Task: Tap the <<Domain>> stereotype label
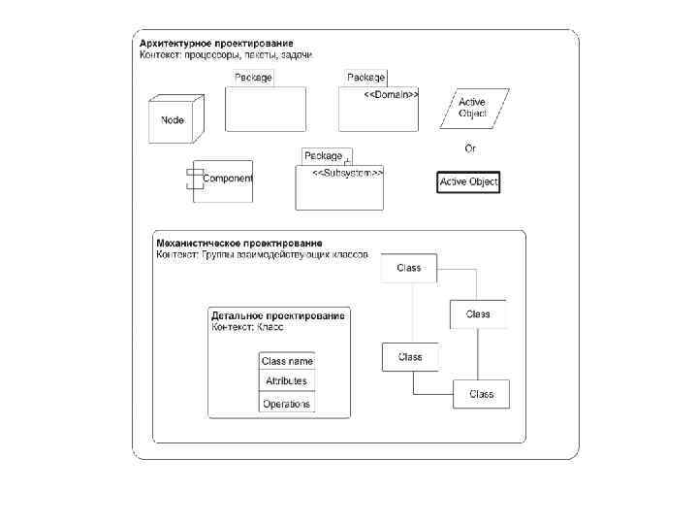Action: pyautogui.click(x=391, y=95)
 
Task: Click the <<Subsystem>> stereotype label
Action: pyautogui.click(x=347, y=173)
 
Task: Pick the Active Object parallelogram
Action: pyautogui.click(x=472, y=108)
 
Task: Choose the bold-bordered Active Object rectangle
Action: pyautogui.click(x=468, y=182)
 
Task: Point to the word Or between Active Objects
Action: pyautogui.click(x=470, y=148)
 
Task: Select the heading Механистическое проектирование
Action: pyautogui.click(x=239, y=243)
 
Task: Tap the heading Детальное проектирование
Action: pyautogui.click(x=278, y=316)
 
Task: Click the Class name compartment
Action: pyautogui.click(x=287, y=361)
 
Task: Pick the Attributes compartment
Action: pyautogui.click(x=287, y=381)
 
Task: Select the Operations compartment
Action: pyautogui.click(x=287, y=404)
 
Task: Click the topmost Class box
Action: pyautogui.click(x=409, y=268)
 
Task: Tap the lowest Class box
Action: pyautogui.click(x=481, y=394)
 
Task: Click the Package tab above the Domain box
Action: pyautogui.click(x=366, y=77)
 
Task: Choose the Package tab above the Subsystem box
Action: pyautogui.click(x=324, y=155)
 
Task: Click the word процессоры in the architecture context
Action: pyautogui.click(x=210, y=55)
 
